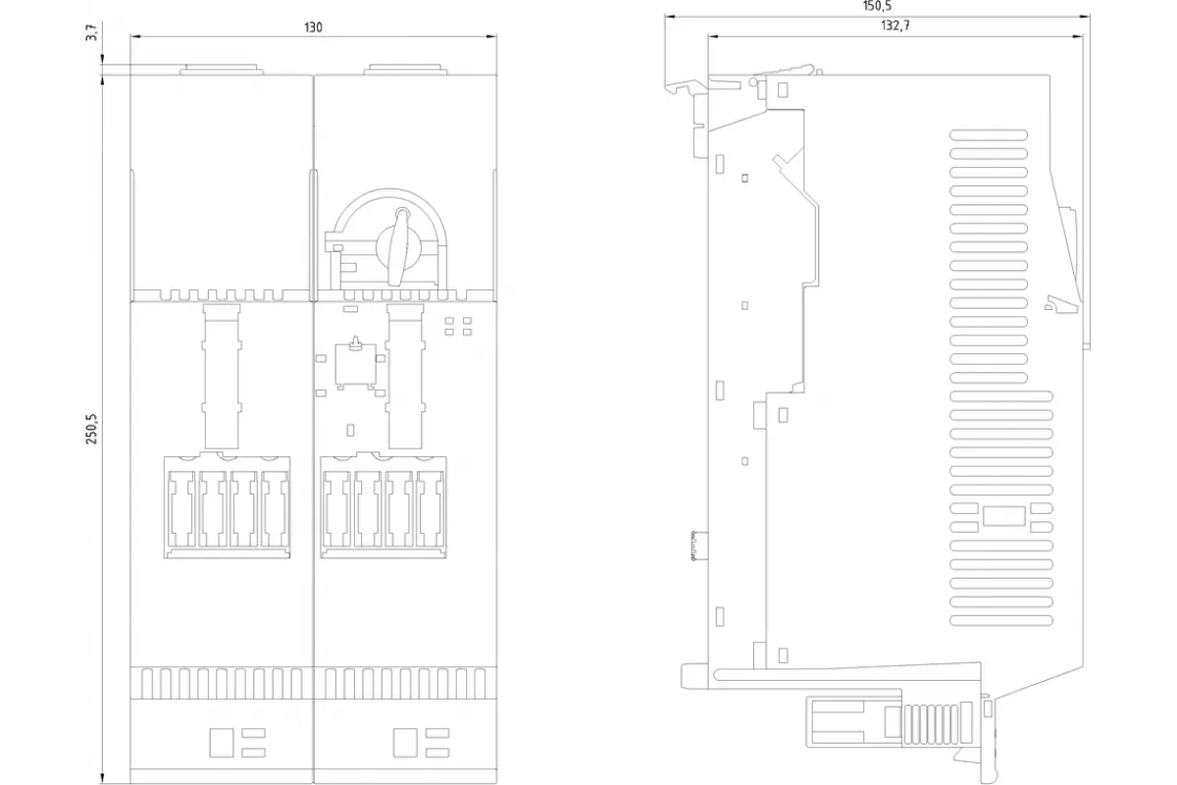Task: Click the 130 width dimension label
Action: click(x=313, y=27)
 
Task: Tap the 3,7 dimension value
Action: click(x=92, y=32)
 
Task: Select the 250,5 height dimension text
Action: click(x=92, y=429)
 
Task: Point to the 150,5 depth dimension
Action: click(x=877, y=6)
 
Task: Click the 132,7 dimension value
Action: click(x=896, y=26)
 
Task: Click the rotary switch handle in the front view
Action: click(x=399, y=246)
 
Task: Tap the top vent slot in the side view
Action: click(x=989, y=135)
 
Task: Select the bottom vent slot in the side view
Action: click(x=1001, y=620)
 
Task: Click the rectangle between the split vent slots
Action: click(x=1004, y=516)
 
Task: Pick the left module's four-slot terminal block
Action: click(x=227, y=506)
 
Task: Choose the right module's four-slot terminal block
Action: click(x=384, y=506)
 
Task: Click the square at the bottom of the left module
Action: click(x=222, y=743)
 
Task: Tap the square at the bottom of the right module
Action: click(x=405, y=743)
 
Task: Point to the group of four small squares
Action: click(x=458, y=326)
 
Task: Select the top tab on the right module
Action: click(x=405, y=70)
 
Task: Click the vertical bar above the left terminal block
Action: click(x=222, y=377)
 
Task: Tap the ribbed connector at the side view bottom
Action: click(x=938, y=723)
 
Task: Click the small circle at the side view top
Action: click(x=753, y=82)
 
